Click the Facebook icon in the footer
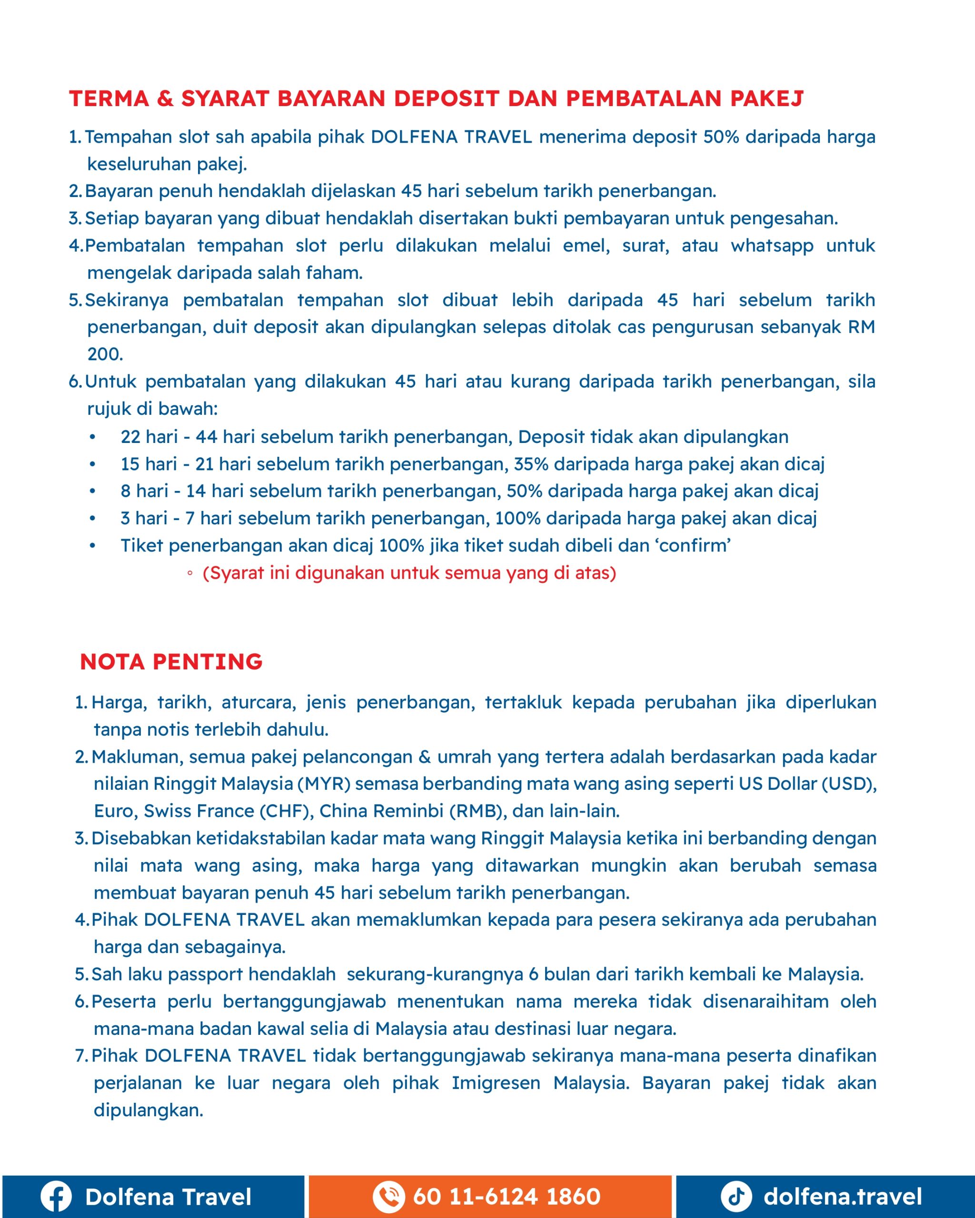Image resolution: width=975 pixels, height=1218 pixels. pyautogui.click(x=56, y=1196)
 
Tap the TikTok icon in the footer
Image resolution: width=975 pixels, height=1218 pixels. pyautogui.click(x=736, y=1196)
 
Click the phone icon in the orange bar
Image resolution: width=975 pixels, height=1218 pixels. pyautogui.click(x=388, y=1196)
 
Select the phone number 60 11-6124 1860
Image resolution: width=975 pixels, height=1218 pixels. pyautogui.click(x=507, y=1196)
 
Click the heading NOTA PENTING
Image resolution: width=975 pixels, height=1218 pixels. pyautogui.click(x=171, y=661)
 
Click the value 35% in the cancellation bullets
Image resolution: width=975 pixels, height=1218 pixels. pyautogui.click(x=531, y=464)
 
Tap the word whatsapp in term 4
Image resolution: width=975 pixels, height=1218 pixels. pyautogui.click(x=772, y=246)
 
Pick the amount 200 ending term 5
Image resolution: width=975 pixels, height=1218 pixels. pyautogui.click(x=105, y=354)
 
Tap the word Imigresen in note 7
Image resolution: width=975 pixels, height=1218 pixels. pyautogui.click(x=496, y=1083)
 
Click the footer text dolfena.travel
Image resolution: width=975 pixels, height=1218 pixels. pyautogui.click(x=842, y=1196)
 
